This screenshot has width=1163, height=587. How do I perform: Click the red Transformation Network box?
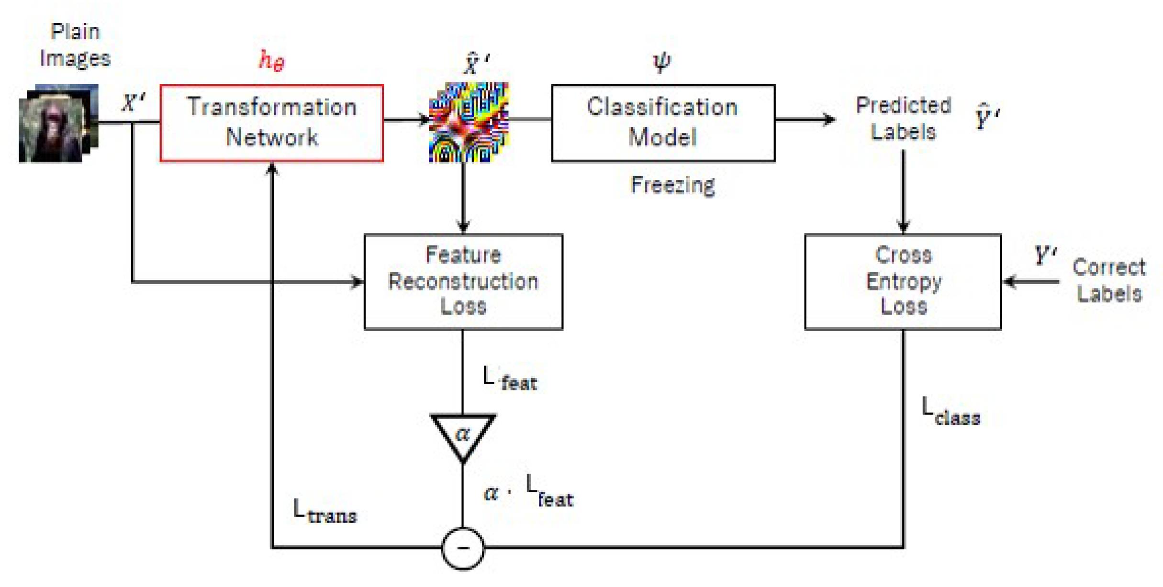click(271, 123)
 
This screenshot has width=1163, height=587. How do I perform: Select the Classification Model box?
click(662, 123)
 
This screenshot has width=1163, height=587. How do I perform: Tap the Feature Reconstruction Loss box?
click(463, 281)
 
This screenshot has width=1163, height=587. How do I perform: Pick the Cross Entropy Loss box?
click(903, 281)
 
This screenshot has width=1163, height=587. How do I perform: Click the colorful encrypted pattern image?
click(468, 122)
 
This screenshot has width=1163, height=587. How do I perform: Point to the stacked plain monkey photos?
click(57, 123)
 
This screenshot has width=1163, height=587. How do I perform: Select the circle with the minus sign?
click(462, 548)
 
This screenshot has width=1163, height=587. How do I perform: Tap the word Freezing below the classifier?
click(672, 186)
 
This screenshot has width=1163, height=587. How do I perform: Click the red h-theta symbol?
click(271, 60)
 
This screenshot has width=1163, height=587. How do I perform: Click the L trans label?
click(324, 512)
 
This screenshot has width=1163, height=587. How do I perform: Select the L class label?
click(950, 412)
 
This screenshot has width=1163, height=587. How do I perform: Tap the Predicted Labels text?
click(903, 118)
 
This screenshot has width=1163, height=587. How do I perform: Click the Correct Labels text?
click(1108, 280)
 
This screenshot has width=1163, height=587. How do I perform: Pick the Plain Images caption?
click(75, 45)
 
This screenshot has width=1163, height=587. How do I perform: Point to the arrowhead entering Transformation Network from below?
click(271, 168)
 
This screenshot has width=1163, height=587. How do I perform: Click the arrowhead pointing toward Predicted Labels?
click(829, 119)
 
